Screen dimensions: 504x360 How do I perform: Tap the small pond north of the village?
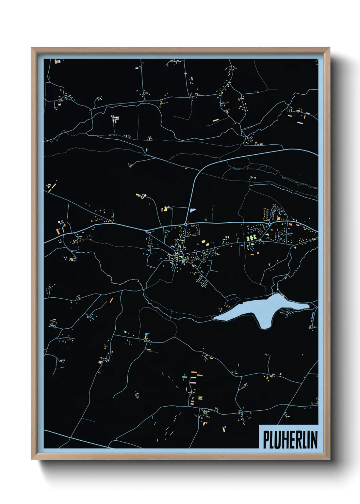(193, 210)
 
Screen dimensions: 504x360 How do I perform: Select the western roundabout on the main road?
(185, 224)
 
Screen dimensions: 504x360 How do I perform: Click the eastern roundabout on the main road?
(269, 224)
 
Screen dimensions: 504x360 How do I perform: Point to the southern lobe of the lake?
(264, 322)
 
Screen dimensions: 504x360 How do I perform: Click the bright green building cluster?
(251, 237)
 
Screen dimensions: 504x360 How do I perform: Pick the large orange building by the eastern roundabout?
(278, 218)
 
